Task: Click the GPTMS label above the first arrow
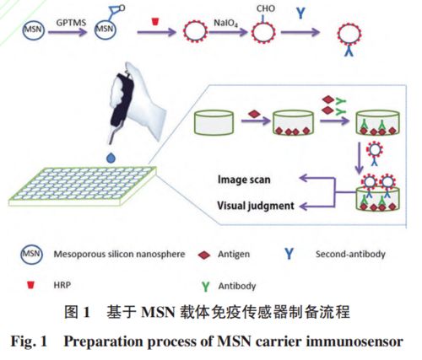click(71, 23)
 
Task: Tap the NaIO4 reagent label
click(225, 23)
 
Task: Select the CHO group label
click(265, 8)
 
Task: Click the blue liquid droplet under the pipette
click(111, 158)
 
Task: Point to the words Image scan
click(244, 180)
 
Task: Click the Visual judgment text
click(256, 206)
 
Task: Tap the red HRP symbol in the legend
click(30, 286)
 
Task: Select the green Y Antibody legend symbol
click(206, 287)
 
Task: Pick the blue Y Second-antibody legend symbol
click(289, 254)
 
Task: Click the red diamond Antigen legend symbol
click(204, 255)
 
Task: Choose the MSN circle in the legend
click(31, 255)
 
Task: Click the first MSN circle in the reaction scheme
click(34, 30)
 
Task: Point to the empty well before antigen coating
click(214, 122)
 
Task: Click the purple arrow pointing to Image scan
click(317, 178)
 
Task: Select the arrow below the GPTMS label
click(68, 32)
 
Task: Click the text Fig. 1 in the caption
click(29, 341)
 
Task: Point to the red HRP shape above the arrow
click(155, 22)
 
